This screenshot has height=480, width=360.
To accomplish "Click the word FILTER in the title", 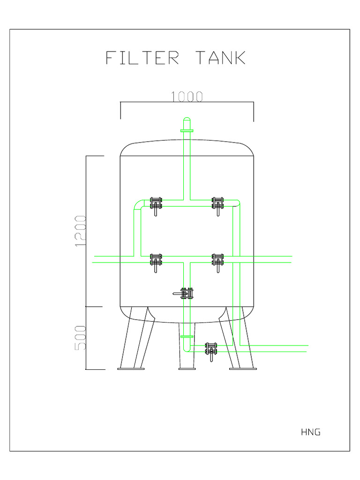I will (x=142, y=58).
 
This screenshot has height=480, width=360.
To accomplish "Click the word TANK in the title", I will (x=221, y=58).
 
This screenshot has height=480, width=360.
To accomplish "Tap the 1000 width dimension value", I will (x=187, y=97).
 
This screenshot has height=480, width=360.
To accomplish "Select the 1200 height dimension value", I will (x=81, y=231).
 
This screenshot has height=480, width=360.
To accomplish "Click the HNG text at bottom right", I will (x=311, y=432).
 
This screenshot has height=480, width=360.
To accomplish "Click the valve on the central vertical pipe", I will (x=187, y=294).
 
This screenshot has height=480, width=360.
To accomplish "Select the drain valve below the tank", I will (x=211, y=350).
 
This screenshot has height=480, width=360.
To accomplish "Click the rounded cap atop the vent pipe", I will (x=187, y=120).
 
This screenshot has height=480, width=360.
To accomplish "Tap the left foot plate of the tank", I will (x=131, y=369).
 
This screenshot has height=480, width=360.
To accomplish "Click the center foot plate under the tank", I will (x=187, y=369).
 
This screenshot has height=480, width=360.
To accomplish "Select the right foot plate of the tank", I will (x=243, y=369).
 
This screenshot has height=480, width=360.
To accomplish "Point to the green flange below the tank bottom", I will (x=187, y=337).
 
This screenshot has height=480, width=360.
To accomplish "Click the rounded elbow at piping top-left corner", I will (x=138, y=204).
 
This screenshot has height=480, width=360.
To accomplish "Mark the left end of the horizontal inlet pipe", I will (x=95, y=259).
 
